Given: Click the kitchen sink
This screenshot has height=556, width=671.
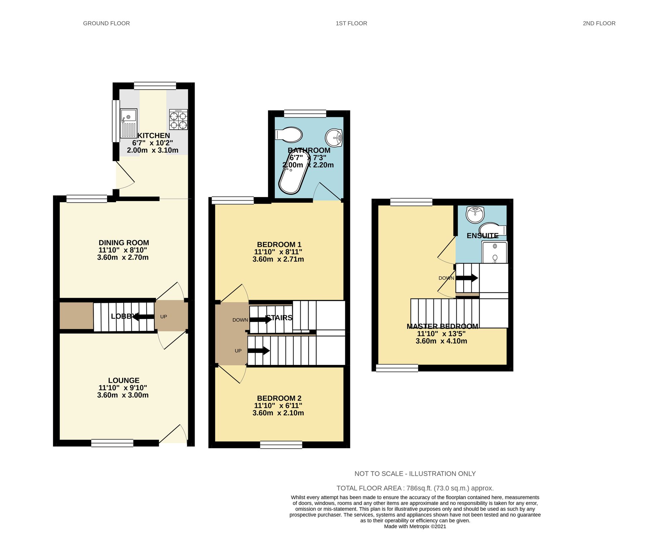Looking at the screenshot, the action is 128,123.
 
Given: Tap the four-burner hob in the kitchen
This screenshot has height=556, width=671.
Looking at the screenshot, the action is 178,120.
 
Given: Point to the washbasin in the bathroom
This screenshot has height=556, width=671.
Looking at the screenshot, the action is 334,137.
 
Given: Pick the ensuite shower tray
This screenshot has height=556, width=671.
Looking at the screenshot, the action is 495,252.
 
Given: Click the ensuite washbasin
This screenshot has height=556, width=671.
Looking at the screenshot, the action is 475,214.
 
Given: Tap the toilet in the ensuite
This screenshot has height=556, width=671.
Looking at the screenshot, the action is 493,229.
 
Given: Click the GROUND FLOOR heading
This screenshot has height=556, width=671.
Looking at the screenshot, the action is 106,24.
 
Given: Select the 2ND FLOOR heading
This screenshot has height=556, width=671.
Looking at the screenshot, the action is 599,24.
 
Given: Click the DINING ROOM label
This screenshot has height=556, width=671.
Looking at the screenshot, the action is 124,243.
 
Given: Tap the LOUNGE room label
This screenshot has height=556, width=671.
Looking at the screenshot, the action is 124,380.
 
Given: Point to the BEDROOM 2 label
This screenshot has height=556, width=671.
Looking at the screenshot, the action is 279,398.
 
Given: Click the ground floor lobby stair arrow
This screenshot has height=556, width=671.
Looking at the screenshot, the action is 144,317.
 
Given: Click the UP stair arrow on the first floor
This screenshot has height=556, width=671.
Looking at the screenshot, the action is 259,351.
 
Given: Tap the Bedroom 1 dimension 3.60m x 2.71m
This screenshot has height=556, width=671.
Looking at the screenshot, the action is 278,259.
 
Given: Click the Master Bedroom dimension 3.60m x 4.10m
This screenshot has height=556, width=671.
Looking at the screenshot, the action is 441,341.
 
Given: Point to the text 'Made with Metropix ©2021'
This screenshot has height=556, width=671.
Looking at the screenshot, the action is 415,526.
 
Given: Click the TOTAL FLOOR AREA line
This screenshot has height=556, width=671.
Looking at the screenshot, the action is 415,488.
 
